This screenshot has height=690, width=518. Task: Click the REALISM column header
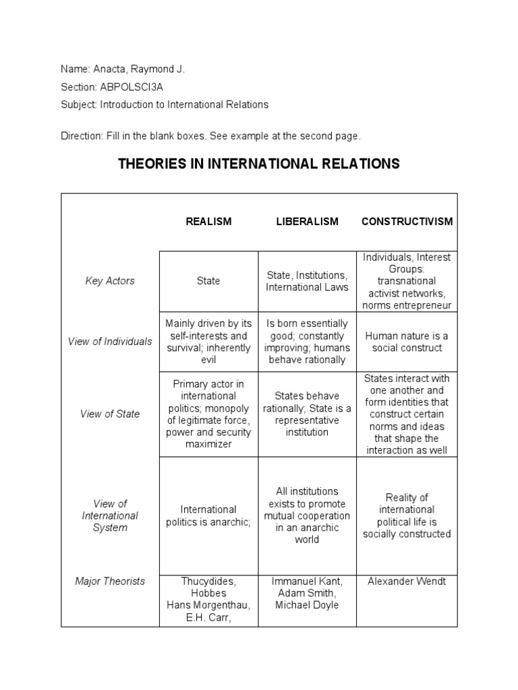coord(208,222)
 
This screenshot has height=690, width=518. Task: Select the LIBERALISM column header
coord(307,222)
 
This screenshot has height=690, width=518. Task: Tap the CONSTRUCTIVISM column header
coord(407,222)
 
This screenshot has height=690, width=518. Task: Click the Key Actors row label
coord(110,281)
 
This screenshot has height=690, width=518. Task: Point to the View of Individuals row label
coord(110,342)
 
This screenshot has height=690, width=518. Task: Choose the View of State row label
coord(110,414)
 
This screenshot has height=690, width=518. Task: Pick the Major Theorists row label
coord(110,581)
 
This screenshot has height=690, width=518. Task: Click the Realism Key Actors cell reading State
coord(208,281)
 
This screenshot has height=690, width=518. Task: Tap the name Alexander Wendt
coord(407,581)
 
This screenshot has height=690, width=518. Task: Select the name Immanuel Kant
coord(307,581)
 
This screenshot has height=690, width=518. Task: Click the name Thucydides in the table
coord(208,581)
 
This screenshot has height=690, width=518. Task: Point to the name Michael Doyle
coord(307,605)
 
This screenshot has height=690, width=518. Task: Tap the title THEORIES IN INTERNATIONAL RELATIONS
coord(259,164)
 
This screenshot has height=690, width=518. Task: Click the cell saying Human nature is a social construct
coord(407,342)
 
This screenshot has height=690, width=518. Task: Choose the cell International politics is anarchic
coord(208,515)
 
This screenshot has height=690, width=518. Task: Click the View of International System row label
coord(110,515)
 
